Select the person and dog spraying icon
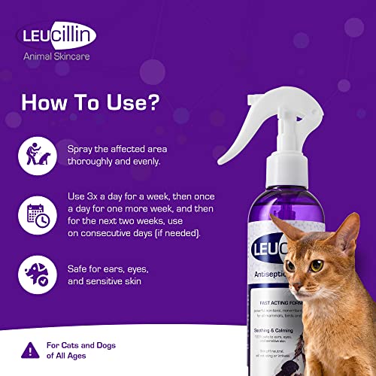pyautogui.click(x=35, y=156)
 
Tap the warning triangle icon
pyautogui.click(x=29, y=347)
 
